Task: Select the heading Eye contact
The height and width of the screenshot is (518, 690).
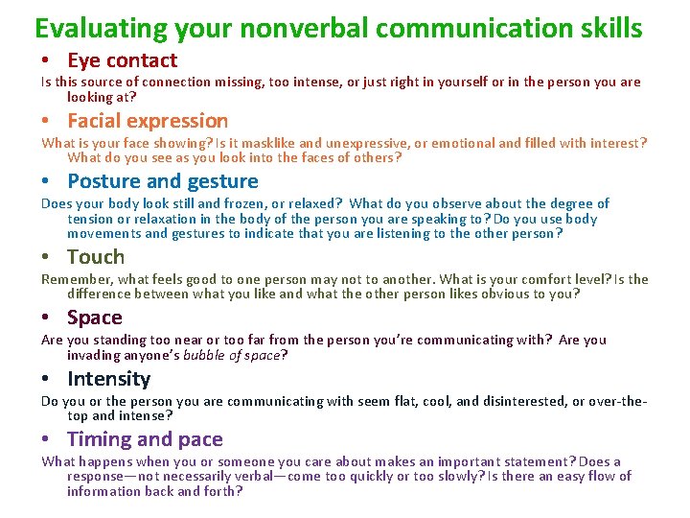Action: click(122, 60)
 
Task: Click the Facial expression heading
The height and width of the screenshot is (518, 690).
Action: click(148, 121)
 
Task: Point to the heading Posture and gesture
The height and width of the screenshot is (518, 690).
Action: click(163, 181)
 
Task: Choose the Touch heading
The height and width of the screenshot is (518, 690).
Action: click(96, 257)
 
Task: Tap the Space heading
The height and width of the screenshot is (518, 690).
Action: click(95, 318)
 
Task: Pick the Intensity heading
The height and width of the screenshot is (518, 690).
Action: click(109, 379)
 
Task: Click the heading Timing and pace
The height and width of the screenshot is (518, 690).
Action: click(145, 439)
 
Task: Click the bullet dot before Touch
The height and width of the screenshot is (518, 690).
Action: click(46, 258)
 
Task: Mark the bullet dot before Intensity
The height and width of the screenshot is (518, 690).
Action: click(46, 380)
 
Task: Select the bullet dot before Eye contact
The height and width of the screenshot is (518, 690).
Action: click(46, 61)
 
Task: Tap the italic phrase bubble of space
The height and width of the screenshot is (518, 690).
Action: click(236, 355)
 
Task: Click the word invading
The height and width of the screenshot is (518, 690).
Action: click(92, 355)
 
